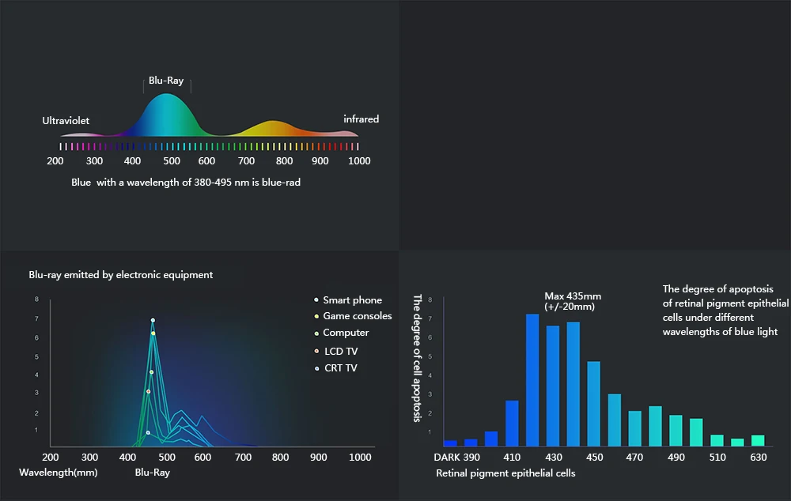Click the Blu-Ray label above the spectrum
tap(166, 81)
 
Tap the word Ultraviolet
tap(66, 121)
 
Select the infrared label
tap(361, 119)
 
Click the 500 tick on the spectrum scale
tap(172, 161)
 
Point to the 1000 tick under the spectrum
tap(359, 161)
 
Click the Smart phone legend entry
tap(352, 300)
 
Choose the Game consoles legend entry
tap(357, 316)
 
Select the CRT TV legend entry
tap(340, 368)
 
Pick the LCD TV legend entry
tap(341, 351)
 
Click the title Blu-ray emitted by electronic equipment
tap(120, 275)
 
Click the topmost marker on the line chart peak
tap(153, 320)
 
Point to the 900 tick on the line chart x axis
tap(318, 458)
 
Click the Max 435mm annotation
tap(573, 301)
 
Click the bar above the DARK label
tap(450, 443)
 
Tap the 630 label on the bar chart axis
tap(758, 458)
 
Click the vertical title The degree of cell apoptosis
tap(417, 358)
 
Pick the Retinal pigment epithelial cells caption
tap(505, 473)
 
